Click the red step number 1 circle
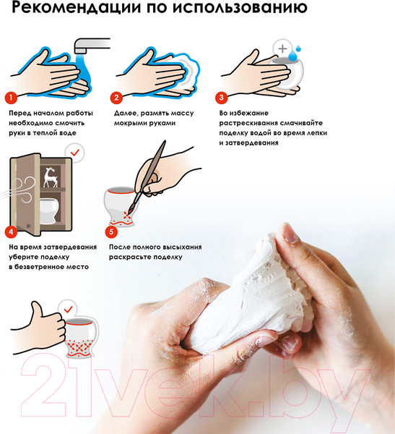(x=11, y=98)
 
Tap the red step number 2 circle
(x=116, y=98)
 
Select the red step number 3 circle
(x=222, y=98)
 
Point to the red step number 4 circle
(x=11, y=231)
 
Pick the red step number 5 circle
(x=111, y=231)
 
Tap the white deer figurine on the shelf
(x=51, y=177)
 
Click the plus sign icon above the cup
(x=282, y=48)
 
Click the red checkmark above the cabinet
(x=74, y=152)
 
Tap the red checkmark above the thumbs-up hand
(x=68, y=309)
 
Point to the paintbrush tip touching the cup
(x=129, y=211)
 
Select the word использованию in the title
(x=240, y=7)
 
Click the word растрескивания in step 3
(x=248, y=123)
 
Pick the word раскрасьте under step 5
(x=130, y=257)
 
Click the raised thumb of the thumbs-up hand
(x=36, y=309)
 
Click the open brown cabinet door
(x=25, y=194)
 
